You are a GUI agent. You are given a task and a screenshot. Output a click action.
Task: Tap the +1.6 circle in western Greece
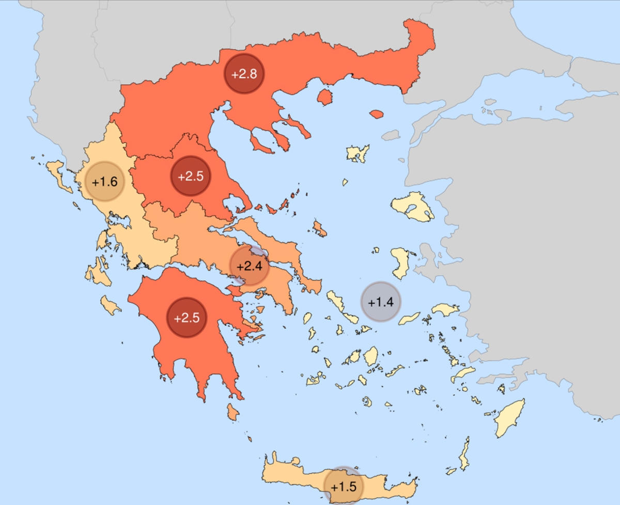tap(105, 182)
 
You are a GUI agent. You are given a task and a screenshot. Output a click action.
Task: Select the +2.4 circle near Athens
tap(250, 266)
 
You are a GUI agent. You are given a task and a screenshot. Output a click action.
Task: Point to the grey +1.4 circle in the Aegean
tap(381, 302)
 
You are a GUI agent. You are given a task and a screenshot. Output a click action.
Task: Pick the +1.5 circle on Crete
tap(344, 486)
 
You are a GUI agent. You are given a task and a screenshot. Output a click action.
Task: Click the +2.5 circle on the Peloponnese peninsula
tap(187, 317)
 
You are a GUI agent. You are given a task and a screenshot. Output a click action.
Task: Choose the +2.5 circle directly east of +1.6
tap(191, 176)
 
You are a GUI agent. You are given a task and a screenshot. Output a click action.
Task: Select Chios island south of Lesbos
tap(399, 263)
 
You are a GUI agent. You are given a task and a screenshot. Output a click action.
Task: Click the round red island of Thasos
tap(324, 96)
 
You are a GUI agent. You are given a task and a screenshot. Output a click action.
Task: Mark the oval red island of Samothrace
tap(377, 113)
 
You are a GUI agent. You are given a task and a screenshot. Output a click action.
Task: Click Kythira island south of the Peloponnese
tap(233, 412)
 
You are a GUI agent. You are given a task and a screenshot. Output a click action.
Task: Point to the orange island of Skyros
tap(319, 228)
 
